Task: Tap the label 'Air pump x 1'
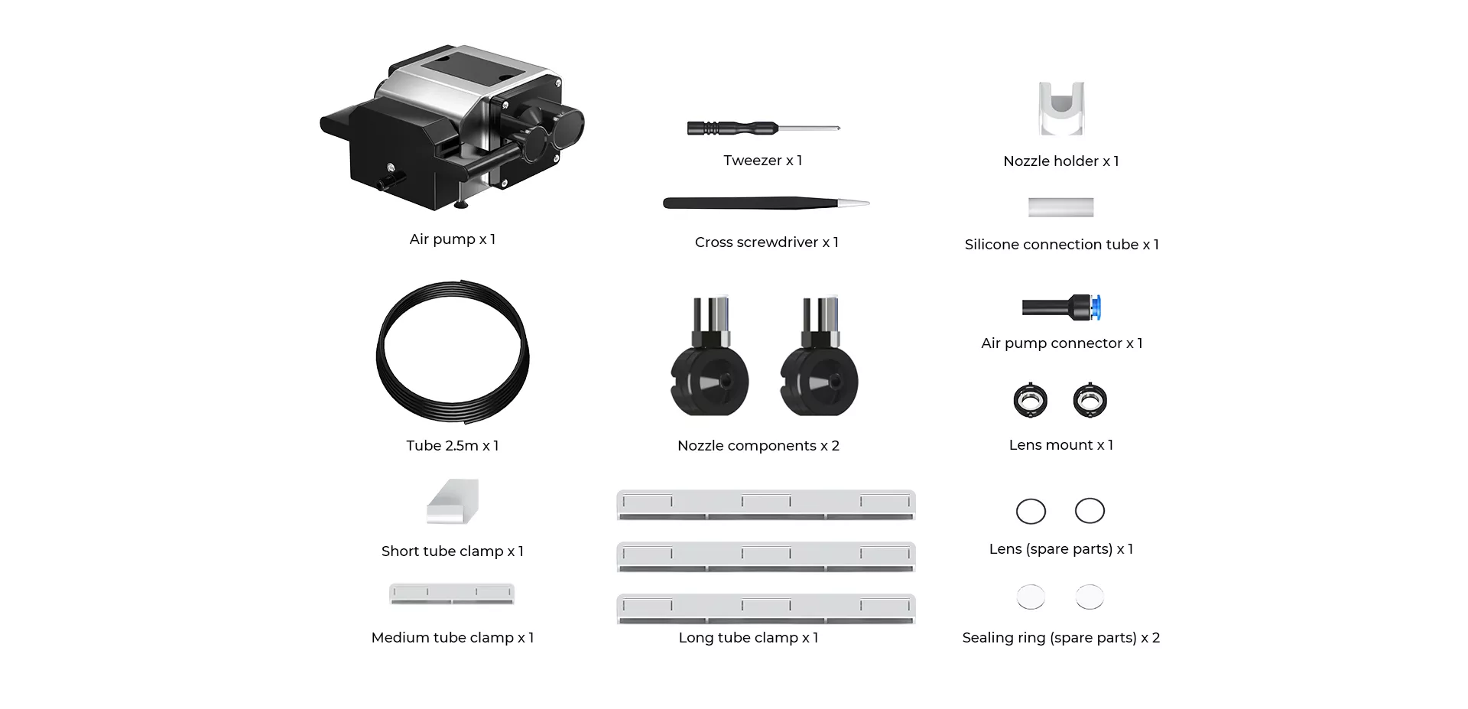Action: click(452, 239)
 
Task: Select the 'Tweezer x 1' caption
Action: click(762, 161)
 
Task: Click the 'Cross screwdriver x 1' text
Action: click(766, 242)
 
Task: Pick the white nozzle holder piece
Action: click(1061, 109)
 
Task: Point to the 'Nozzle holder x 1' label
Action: click(1060, 161)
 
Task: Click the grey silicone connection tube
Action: click(1060, 207)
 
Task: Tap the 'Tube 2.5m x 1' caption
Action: click(452, 446)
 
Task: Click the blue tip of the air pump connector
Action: click(1096, 307)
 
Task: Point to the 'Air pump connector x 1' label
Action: click(1061, 343)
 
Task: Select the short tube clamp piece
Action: click(453, 502)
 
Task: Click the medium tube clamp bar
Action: click(452, 594)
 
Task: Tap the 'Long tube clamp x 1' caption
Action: click(748, 638)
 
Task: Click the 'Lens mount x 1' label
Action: click(1060, 445)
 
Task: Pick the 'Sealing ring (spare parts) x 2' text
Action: click(1060, 638)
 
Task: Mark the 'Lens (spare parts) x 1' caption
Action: click(1060, 549)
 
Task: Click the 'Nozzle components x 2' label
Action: click(758, 446)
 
